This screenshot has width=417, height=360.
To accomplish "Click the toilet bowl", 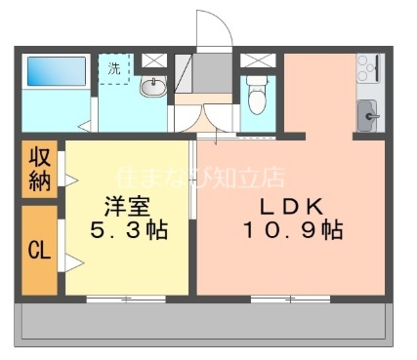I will pos(257,97).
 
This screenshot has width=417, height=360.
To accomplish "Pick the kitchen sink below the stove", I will pos(369,114).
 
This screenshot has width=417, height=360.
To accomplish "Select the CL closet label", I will pos(39,250).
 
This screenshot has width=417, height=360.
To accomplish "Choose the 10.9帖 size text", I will pos(292,232).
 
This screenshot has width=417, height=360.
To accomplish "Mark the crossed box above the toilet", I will pos(257,60).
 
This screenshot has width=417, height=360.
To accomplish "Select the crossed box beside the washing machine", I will pos(153,60).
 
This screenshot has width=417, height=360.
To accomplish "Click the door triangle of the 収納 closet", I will pos(70,179).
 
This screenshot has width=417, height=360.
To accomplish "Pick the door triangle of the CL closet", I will pos(70,261).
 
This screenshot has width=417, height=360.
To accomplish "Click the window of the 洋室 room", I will pos(126,298).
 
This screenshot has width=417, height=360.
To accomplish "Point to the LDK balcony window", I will pos(290,298).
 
